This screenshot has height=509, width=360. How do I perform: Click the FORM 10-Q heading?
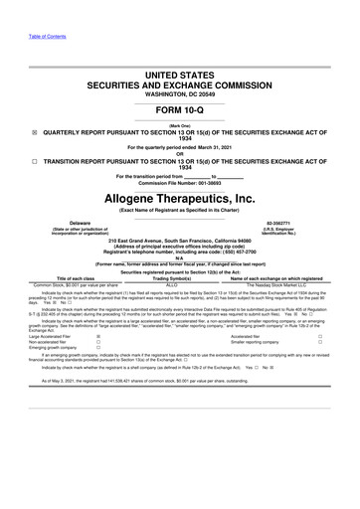[x=180, y=109]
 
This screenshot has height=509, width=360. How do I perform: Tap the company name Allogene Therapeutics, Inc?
[x=180, y=199]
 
